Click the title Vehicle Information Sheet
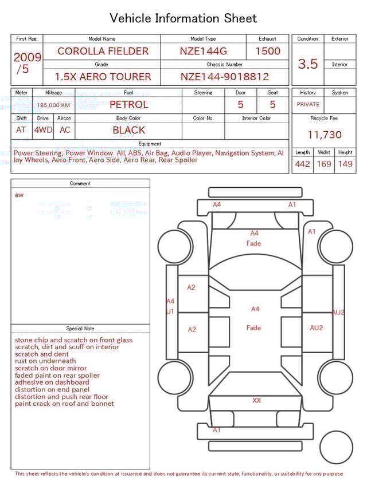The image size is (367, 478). pyautogui.click(x=183, y=18)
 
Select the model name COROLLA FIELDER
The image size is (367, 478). pyautogui.click(x=103, y=51)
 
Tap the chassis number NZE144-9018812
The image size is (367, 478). pyautogui.click(x=225, y=77)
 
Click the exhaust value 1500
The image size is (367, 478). pyautogui.click(x=268, y=51)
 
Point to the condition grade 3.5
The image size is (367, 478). pyautogui.click(x=308, y=64)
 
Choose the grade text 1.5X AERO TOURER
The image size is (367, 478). pyautogui.click(x=103, y=77)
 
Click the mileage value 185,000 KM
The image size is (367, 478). pyautogui.click(x=54, y=105)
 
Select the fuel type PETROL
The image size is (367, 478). pyautogui.click(x=129, y=105)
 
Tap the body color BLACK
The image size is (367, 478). pyautogui.click(x=129, y=130)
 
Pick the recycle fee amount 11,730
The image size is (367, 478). pyautogui.click(x=325, y=135)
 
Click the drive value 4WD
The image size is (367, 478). pyautogui.click(x=43, y=130)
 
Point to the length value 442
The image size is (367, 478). pyautogui.click(x=302, y=164)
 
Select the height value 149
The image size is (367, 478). pyautogui.click(x=345, y=164)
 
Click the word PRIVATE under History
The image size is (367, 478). pyautogui.click(x=308, y=105)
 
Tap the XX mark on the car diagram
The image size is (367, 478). pyautogui.click(x=256, y=401)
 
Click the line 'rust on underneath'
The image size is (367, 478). pyautogui.click(x=45, y=361)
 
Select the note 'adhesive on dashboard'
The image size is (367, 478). pyautogui.click(x=52, y=382)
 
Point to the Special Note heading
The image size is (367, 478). pyautogui.click(x=80, y=329)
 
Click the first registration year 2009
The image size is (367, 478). pyautogui.click(x=27, y=57)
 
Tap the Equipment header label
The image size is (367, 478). pyautogui.click(x=150, y=144)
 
